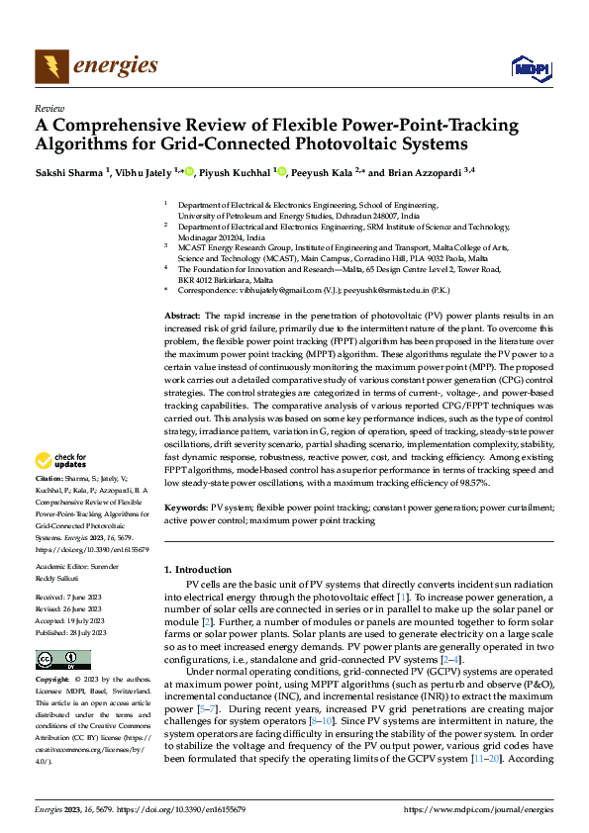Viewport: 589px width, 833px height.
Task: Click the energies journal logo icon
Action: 49,66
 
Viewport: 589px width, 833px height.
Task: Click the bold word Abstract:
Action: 184,286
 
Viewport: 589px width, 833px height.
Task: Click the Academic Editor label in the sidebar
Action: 69,568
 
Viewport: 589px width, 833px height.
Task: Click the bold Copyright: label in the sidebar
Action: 52,681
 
